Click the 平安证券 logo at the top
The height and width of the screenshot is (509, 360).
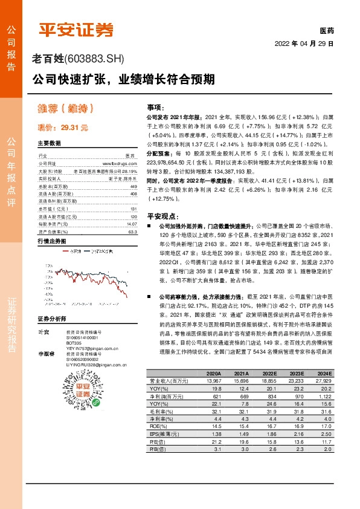click(x=76, y=28)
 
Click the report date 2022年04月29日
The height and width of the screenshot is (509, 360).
click(x=304, y=44)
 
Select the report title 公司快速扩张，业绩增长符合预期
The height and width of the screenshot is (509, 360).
click(x=123, y=79)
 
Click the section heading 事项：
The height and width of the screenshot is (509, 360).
click(x=156, y=107)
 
